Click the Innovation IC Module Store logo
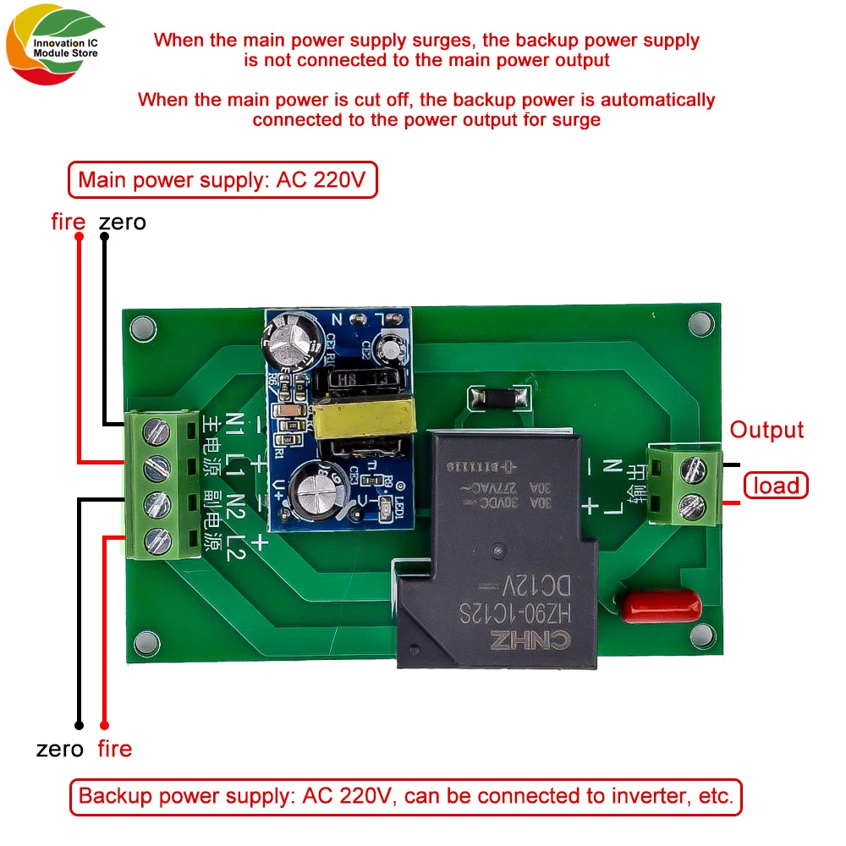(x=52, y=50)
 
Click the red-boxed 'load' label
(x=776, y=485)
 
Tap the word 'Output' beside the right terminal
(x=766, y=430)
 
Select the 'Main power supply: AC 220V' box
(x=222, y=180)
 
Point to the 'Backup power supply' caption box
(x=405, y=796)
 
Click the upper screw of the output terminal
(x=694, y=466)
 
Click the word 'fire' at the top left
(x=69, y=222)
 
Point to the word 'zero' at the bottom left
(x=60, y=749)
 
